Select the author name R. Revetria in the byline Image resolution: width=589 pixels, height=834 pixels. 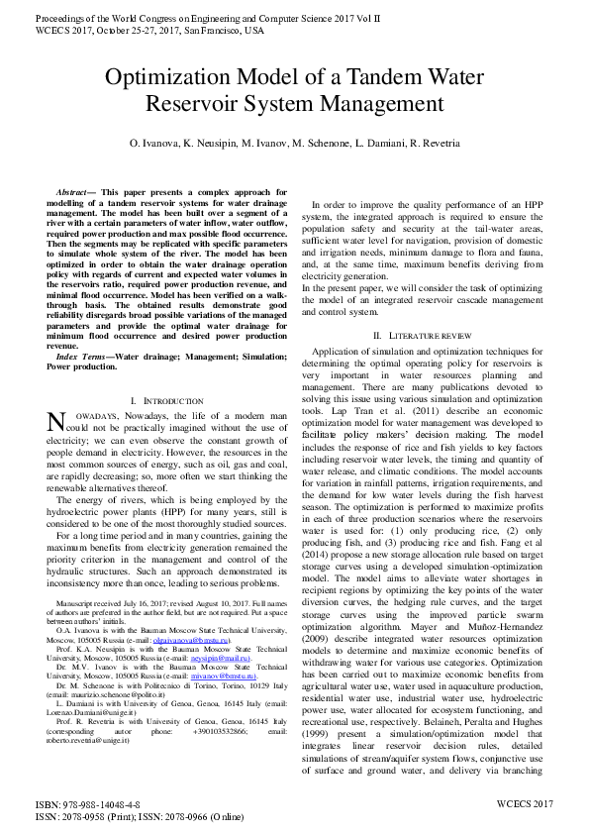pyautogui.click(x=433, y=144)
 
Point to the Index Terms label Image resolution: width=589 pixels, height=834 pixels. pyautogui.click(x=83, y=355)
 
